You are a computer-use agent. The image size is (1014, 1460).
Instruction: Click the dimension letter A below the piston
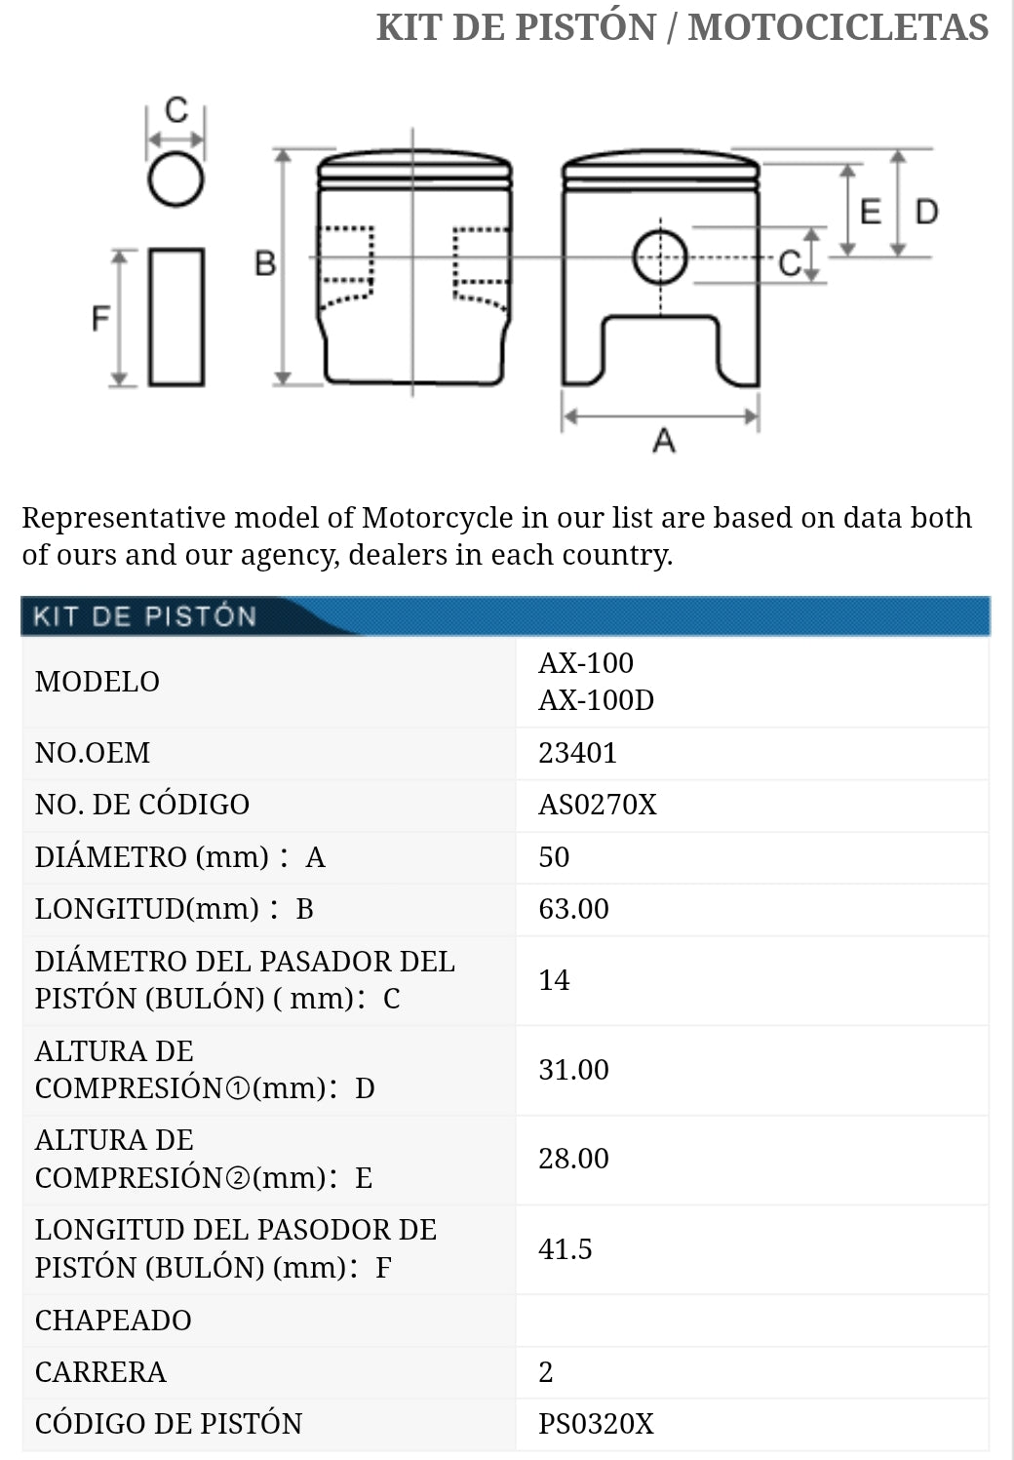[664, 441]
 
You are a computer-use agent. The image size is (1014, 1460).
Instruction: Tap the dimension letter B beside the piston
[265, 263]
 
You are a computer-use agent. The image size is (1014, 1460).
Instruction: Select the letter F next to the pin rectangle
[100, 318]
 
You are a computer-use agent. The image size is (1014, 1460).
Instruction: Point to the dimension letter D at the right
[926, 212]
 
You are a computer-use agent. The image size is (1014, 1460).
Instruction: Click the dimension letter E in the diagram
[871, 212]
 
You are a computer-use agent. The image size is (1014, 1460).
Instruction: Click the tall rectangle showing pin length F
[176, 317]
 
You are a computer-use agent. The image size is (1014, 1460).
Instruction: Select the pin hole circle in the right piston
[660, 258]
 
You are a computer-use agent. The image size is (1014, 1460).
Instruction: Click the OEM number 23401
[577, 753]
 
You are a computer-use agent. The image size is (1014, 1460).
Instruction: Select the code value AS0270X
[598, 805]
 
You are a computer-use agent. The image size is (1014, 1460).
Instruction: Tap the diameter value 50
[554, 857]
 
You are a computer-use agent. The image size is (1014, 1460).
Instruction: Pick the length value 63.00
[573, 909]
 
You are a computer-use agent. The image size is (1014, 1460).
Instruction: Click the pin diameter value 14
[554, 980]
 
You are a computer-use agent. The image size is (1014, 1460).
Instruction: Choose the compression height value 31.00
[573, 1070]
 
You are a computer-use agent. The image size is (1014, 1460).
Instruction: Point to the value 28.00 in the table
[573, 1159]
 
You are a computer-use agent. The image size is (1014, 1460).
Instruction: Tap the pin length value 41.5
[565, 1249]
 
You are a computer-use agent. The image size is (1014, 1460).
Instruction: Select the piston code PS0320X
[596, 1424]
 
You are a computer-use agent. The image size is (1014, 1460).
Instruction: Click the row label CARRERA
[100, 1372]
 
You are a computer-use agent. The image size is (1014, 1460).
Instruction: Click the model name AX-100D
[596, 700]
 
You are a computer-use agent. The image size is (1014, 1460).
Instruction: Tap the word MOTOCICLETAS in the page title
[838, 27]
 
